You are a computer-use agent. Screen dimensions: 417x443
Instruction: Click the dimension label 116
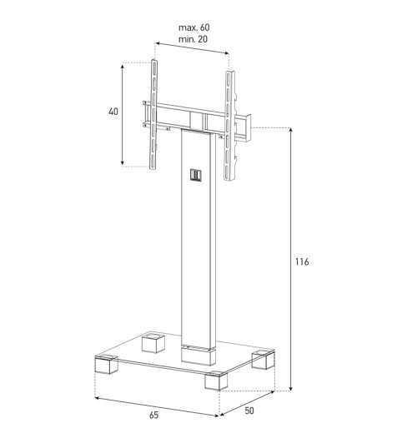pyautogui.click(x=302, y=262)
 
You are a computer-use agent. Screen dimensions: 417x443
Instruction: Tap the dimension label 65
pyautogui.click(x=154, y=415)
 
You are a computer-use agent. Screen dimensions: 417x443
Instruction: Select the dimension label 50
pyautogui.click(x=249, y=411)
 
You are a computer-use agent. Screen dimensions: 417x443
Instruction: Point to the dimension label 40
pyautogui.click(x=113, y=112)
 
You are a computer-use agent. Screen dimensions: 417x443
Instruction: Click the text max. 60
pyautogui.click(x=194, y=27)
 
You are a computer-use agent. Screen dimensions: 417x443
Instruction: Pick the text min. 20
pyautogui.click(x=193, y=39)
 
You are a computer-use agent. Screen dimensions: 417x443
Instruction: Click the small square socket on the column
pyautogui.click(x=195, y=175)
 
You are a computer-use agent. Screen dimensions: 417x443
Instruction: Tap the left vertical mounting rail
pyautogui.click(x=153, y=114)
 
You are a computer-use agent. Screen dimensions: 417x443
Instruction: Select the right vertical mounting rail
pyautogui.click(x=229, y=126)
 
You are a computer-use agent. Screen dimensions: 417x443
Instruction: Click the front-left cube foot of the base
pyautogui.click(x=106, y=364)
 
